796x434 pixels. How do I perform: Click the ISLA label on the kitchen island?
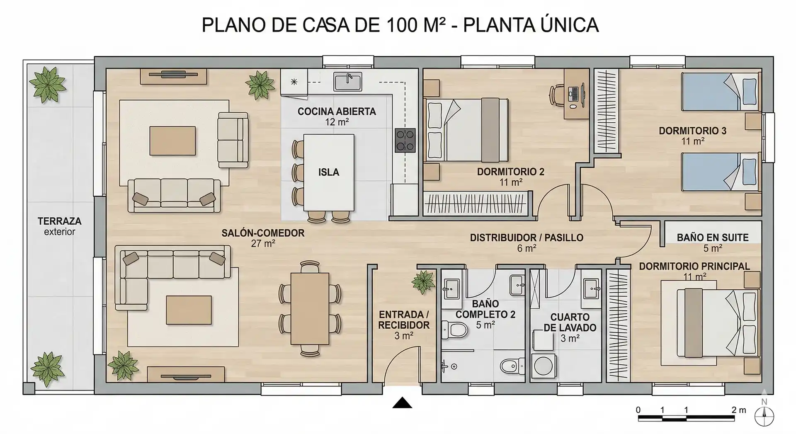[x=329, y=172]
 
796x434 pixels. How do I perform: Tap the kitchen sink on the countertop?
[x=348, y=81]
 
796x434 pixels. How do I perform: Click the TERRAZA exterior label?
[x=60, y=226]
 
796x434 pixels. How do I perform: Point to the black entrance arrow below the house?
[x=402, y=402]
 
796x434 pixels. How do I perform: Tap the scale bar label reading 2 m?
[x=738, y=410]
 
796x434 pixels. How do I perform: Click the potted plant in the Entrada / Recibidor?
[x=423, y=282]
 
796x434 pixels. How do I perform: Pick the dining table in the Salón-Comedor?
[x=310, y=309]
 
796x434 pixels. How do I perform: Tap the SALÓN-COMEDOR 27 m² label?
[x=263, y=238]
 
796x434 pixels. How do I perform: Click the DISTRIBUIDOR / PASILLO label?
[x=527, y=238]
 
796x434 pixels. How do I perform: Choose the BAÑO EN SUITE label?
[x=713, y=238]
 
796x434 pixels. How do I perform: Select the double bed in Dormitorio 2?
[x=466, y=129]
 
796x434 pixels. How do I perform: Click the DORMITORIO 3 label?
[x=692, y=131]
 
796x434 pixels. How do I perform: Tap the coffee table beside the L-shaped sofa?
[x=189, y=310]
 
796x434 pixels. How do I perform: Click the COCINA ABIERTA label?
[x=337, y=112]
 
